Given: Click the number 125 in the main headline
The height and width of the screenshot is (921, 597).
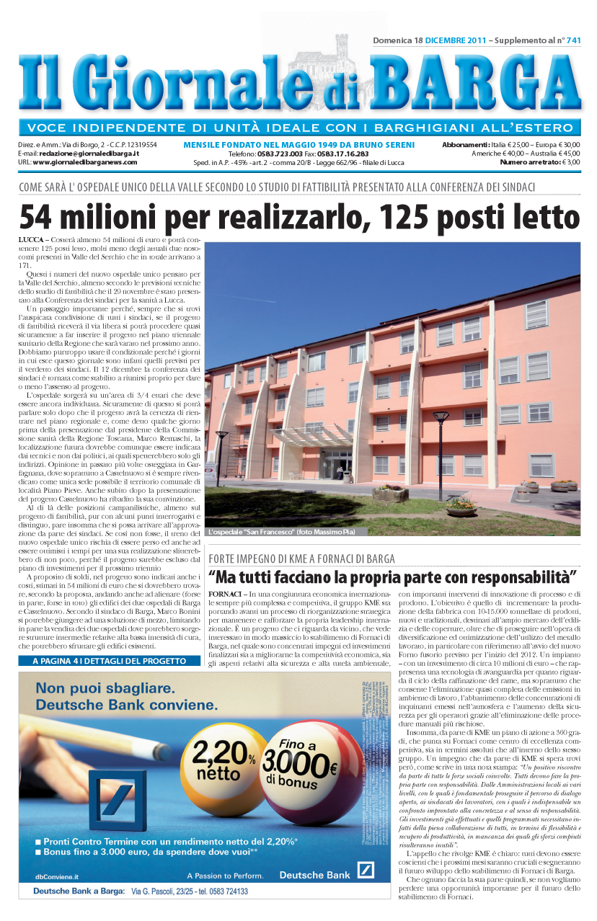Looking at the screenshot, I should (x=407, y=216).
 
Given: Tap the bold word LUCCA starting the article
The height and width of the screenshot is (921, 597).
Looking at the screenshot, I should (x=30, y=238).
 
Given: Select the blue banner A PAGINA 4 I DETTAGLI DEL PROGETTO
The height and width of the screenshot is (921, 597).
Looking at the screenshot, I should (x=103, y=660).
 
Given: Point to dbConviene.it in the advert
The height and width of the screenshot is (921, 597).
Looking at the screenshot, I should (x=57, y=876).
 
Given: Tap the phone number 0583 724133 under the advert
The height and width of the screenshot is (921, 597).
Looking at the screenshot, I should (x=215, y=891).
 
